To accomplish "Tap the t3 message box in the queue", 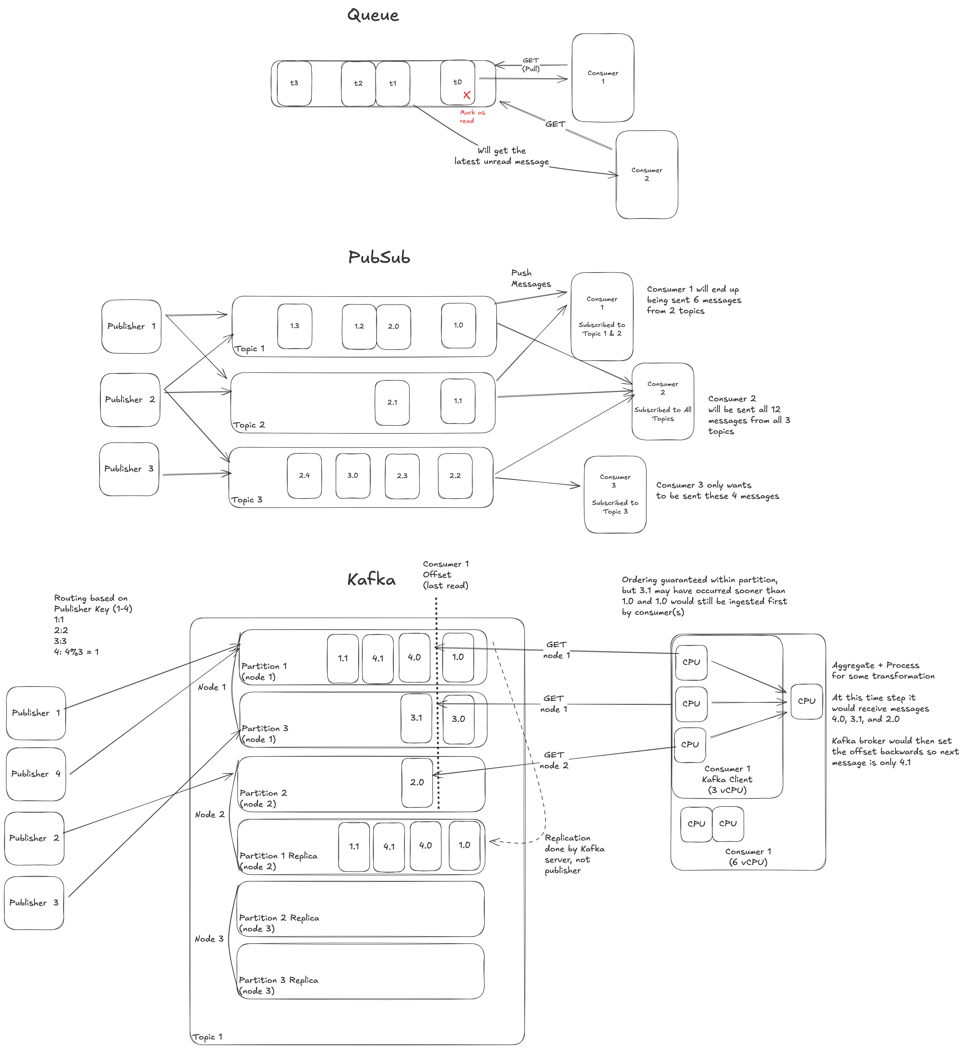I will (294, 83).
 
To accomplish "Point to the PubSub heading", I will (379, 257).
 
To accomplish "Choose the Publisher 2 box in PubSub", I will (130, 400).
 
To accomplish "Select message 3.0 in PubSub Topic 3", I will (353, 476).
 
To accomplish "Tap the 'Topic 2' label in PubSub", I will (249, 425).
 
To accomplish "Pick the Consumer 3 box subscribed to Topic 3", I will (615, 494).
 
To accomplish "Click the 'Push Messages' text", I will (531, 278).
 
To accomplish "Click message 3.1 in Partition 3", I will (416, 718).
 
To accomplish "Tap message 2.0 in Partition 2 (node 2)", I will (417, 782).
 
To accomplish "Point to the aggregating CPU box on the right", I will (806, 701).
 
